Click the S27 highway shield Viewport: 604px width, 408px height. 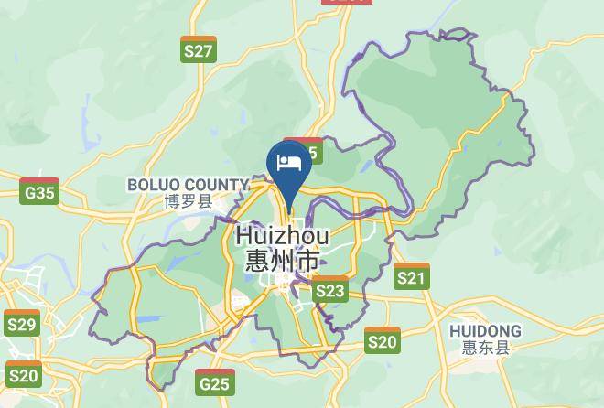point(199,49)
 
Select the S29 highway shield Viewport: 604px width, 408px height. point(21,323)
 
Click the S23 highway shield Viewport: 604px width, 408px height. point(329,289)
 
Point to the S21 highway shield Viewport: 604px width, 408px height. point(412,276)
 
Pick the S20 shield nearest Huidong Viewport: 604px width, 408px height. point(382,340)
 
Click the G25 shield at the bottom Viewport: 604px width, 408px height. point(214,381)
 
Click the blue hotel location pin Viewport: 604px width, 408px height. point(289,166)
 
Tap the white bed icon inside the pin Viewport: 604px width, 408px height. point(289,162)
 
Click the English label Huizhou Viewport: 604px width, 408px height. point(282,236)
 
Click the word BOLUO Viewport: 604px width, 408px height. point(155,185)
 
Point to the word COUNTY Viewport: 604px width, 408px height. point(216,185)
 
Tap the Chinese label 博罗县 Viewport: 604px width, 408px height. point(188,201)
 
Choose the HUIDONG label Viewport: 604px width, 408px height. point(485,330)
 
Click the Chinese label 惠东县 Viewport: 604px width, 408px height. point(485,347)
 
